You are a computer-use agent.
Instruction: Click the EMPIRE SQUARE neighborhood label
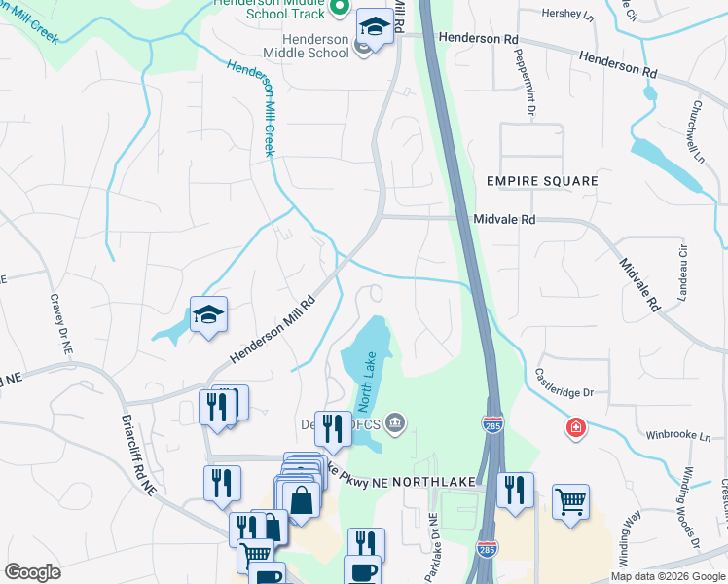tap(542, 182)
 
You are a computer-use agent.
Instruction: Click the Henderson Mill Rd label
tap(273, 330)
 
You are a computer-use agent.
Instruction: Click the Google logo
tap(32, 571)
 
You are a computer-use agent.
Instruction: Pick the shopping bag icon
tap(303, 500)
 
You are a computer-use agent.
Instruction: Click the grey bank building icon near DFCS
tap(395, 421)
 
